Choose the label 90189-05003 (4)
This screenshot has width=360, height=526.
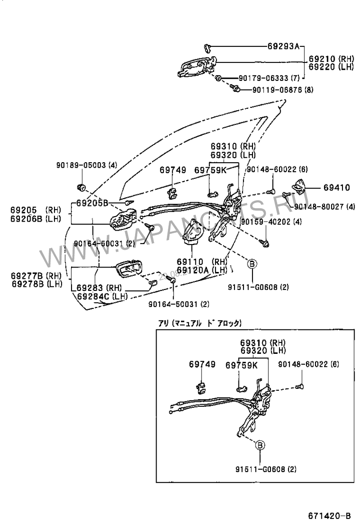click(86, 165)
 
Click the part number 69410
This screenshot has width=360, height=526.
click(335, 187)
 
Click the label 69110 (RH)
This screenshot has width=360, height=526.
click(202, 262)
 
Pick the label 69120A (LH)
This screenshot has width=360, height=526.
click(202, 269)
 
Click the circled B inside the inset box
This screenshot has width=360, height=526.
click(260, 446)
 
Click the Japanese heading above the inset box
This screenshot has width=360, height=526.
click(199, 322)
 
